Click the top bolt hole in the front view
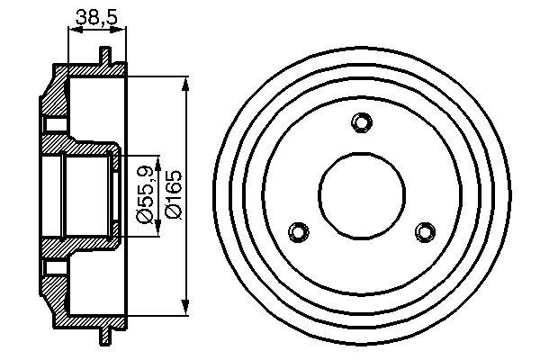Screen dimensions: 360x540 coord(362,122)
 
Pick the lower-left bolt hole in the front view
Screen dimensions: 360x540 coord(299,230)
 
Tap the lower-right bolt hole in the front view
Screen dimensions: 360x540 coord(424,231)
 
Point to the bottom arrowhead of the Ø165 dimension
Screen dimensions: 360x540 coord(186,302)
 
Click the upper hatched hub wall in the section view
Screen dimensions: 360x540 coord(85,148)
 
